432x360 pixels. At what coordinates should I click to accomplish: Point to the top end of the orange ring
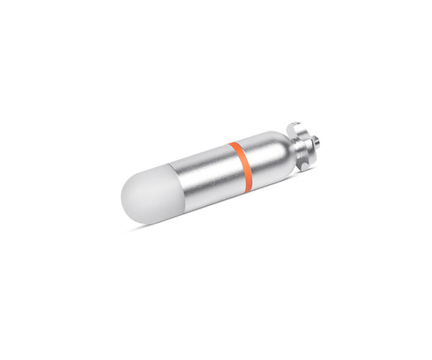(x=233, y=144)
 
